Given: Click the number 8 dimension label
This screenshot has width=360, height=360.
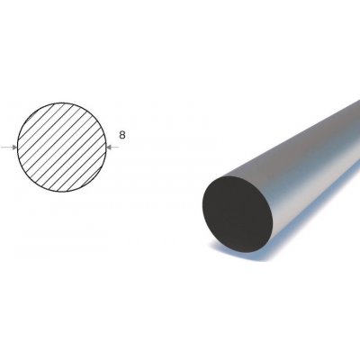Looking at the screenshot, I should (x=121, y=138).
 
